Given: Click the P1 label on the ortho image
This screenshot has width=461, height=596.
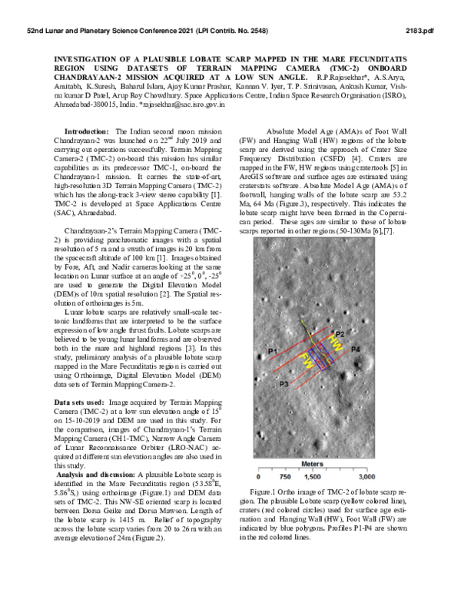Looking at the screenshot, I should tap(270, 351).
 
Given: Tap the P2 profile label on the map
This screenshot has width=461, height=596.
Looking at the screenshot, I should tap(340, 335).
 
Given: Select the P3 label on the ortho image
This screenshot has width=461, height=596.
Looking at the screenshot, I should tap(284, 382).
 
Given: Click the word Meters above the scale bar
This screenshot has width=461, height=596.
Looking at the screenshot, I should tap(312, 464).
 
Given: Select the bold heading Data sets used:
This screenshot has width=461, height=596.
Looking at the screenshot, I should tap(81, 402).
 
